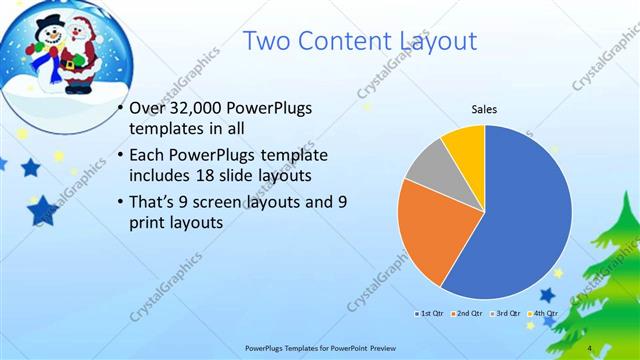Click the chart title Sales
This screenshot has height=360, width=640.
(x=484, y=110)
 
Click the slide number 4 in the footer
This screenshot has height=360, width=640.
(x=592, y=348)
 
